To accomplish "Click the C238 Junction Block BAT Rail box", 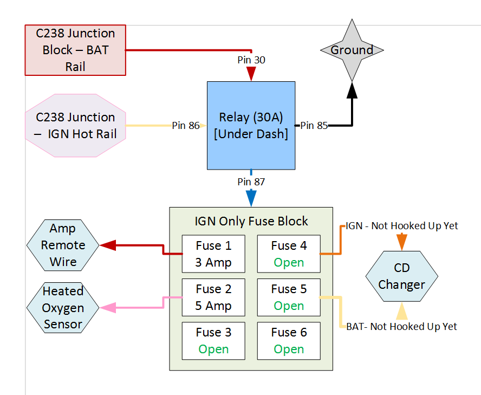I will (x=75, y=50).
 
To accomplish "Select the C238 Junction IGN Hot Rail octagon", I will (x=75, y=126).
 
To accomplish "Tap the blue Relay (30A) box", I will (x=251, y=125).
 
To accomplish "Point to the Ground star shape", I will (x=352, y=50).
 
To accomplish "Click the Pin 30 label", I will (x=251, y=60).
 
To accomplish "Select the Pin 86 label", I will (x=186, y=126).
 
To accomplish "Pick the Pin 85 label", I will (x=314, y=126).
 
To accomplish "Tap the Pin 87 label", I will (x=251, y=182).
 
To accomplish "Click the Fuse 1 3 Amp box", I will (x=213, y=254).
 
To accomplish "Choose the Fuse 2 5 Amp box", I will (x=213, y=297).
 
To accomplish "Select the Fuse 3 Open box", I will (x=213, y=341).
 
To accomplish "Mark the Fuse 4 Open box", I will (x=289, y=254).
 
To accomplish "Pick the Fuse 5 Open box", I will (x=289, y=297).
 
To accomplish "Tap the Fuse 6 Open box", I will (x=289, y=341).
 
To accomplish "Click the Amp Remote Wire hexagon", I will (x=63, y=245).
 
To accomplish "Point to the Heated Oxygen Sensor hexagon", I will (x=63, y=308).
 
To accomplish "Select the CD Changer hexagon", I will (x=401, y=276).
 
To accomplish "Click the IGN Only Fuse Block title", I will (x=251, y=221).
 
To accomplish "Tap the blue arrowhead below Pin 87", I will (x=251, y=198).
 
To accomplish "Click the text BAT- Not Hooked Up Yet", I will (x=401, y=326).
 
